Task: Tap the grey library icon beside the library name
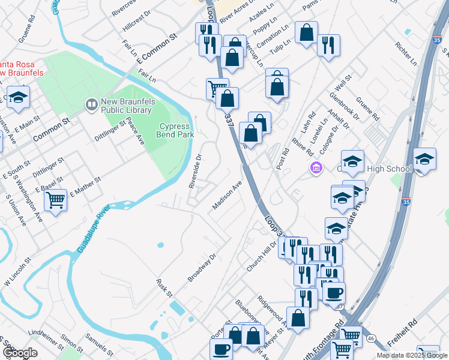91,105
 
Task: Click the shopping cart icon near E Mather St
55,199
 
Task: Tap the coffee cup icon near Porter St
221,348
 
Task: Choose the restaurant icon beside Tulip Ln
328,44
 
